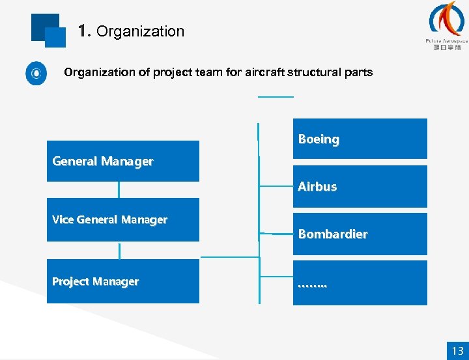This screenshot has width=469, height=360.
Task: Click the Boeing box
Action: (360, 139)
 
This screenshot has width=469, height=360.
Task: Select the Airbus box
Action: (360, 186)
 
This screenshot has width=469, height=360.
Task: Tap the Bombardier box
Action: (360, 234)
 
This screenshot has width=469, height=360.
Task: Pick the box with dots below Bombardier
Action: (360, 283)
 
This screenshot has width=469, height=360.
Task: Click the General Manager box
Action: (122, 161)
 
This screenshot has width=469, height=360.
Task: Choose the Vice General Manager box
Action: (122, 219)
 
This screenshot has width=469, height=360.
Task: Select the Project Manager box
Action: (122, 281)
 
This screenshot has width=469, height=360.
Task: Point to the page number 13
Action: (457, 350)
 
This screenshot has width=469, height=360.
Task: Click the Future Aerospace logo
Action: (446, 26)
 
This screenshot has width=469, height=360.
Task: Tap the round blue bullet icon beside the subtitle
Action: (36, 73)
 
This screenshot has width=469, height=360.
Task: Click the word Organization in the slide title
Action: (140, 31)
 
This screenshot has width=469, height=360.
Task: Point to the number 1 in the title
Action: (82, 31)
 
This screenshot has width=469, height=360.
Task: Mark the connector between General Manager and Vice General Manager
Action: (119, 189)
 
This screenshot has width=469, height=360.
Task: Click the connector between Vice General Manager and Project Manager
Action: (119, 251)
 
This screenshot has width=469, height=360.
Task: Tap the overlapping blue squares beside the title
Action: (48, 31)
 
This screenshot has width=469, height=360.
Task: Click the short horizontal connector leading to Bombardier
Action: (276, 233)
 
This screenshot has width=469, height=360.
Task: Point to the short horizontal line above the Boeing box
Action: (276, 96)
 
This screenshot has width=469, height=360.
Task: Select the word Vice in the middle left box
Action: (63, 220)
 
